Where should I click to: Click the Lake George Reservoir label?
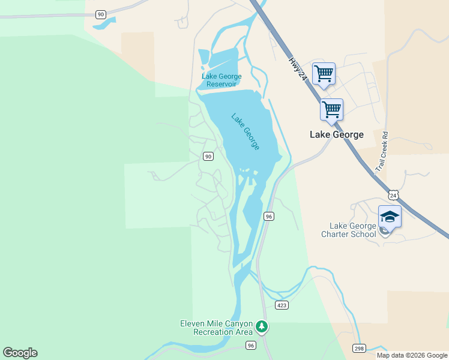click(221, 80)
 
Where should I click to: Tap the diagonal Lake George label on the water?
click(246, 131)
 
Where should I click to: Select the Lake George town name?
click(336, 134)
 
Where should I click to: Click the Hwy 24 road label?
click(298, 69)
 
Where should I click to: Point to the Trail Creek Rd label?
click(382, 153)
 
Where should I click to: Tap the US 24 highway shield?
click(393, 195)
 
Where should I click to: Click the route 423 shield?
click(282, 305)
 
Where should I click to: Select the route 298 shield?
click(359, 349)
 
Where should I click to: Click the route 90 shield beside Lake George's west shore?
click(208, 157)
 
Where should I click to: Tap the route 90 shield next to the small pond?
click(101, 14)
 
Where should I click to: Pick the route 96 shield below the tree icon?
click(251, 345)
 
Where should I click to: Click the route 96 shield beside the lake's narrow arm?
click(268, 216)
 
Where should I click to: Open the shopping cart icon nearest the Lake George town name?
click(331, 110)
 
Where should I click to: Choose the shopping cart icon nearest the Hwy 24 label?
click(324, 74)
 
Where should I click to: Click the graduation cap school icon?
click(390, 216)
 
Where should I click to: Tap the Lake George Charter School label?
click(352, 230)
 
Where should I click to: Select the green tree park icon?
click(261, 326)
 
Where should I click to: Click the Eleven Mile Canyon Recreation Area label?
click(217, 328)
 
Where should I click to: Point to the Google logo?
click(20, 353)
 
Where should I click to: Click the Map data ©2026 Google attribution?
click(412, 355)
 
